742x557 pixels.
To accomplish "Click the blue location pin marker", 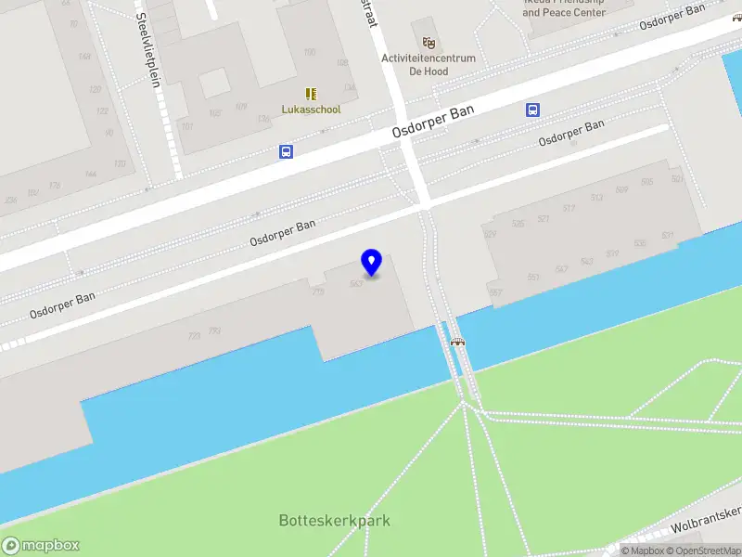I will (x=372, y=262).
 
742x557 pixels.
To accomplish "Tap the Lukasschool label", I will (x=311, y=110).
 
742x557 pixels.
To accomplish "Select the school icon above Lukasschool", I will (x=311, y=94).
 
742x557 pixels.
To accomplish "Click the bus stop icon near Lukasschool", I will (x=287, y=151).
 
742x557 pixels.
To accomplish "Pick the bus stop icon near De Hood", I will (x=533, y=110).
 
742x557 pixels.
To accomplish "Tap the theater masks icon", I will (x=429, y=43).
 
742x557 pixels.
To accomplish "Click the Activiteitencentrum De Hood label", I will (x=429, y=64).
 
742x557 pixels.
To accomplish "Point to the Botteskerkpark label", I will (x=334, y=520).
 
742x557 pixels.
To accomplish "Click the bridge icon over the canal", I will (x=457, y=342).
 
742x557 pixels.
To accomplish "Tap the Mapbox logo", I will (x=41, y=546).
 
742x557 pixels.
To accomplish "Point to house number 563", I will (x=355, y=284).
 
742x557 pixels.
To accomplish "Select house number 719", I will (x=318, y=292).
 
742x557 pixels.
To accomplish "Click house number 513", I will (x=596, y=198).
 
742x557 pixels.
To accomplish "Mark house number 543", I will (x=586, y=261).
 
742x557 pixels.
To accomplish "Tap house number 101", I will (x=186, y=125).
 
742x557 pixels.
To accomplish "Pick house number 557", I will (x=496, y=293).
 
